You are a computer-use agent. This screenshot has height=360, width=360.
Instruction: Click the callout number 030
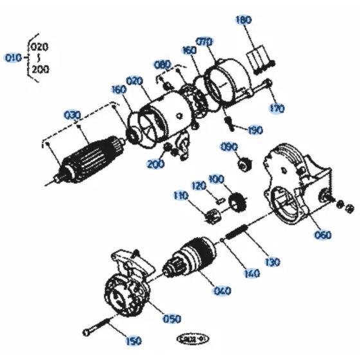click(x=73, y=115)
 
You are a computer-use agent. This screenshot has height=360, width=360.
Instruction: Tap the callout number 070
click(x=204, y=42)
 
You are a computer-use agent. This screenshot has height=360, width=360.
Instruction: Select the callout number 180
click(x=244, y=20)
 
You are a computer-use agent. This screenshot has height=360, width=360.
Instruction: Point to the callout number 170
click(x=277, y=109)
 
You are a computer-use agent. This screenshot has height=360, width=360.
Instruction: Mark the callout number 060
click(x=323, y=235)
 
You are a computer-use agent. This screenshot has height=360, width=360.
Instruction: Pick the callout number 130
click(x=273, y=262)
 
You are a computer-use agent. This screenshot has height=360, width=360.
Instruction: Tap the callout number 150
click(x=133, y=341)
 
